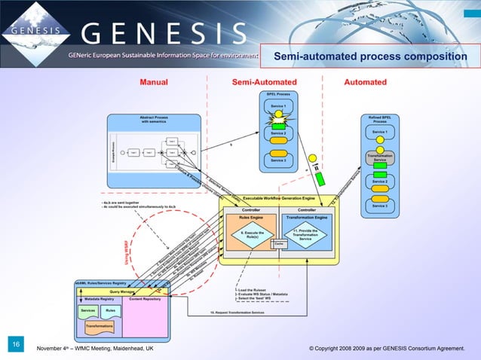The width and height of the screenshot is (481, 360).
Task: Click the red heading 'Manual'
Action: pyautogui.click(x=153, y=82)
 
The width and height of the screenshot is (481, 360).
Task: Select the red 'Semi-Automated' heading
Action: pyautogui.click(x=264, y=82)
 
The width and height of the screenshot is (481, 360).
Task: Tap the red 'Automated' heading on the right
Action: pyautogui.click(x=365, y=82)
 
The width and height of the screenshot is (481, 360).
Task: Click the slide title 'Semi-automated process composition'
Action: pyautogui.click(x=369, y=56)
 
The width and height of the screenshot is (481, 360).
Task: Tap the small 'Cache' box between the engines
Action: pyautogui.click(x=280, y=243)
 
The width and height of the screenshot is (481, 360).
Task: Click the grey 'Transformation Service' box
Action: pyautogui.click(x=381, y=159)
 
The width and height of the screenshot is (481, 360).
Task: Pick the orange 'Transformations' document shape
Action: pyautogui.click(x=98, y=326)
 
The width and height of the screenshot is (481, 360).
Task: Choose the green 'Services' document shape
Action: pyautogui.click(x=88, y=310)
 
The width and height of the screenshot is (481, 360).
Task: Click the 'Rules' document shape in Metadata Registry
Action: pyautogui.click(x=110, y=310)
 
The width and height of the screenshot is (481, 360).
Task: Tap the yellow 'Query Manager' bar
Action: pyautogui.click(x=121, y=291)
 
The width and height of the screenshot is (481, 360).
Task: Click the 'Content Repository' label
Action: pyautogui.click(x=146, y=299)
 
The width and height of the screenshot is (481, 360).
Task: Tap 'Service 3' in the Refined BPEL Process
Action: pyautogui.click(x=381, y=205)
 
